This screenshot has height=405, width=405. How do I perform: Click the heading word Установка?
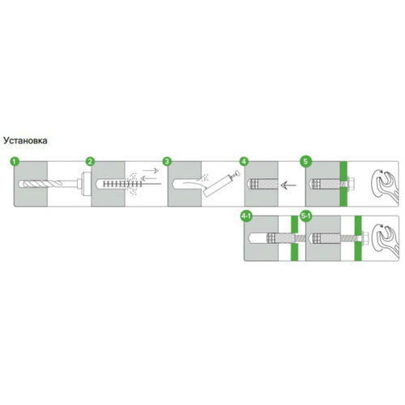pyautogui.click(x=25, y=140)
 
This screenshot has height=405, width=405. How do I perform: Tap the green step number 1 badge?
pyautogui.click(x=15, y=161)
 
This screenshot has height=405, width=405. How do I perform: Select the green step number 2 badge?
pyautogui.click(x=90, y=161)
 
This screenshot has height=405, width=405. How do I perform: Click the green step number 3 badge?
pyautogui.click(x=167, y=161)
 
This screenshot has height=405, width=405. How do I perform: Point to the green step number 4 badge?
pyautogui.click(x=244, y=161)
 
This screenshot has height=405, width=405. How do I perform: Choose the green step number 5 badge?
pyautogui.click(x=305, y=161)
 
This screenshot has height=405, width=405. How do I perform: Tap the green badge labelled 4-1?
pyautogui.click(x=246, y=216)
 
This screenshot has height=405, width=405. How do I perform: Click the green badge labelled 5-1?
pyautogui.click(x=306, y=216)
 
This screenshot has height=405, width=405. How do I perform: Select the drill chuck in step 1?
pyautogui.click(x=85, y=184)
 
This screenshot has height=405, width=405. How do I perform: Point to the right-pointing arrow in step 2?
pyautogui.click(x=151, y=170)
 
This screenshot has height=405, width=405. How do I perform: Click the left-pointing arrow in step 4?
pyautogui.click(x=288, y=185)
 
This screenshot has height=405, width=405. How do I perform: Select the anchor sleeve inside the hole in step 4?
pyautogui.click(x=263, y=184)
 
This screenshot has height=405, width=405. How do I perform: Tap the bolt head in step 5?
pyautogui.click(x=351, y=184)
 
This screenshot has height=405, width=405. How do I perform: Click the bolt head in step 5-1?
pyautogui.click(x=366, y=238)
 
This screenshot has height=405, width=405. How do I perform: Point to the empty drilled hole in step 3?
pyautogui.click(x=187, y=184)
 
